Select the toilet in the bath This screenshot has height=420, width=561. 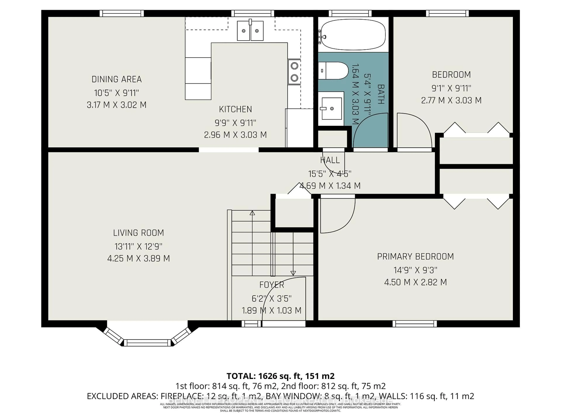[x=333, y=71]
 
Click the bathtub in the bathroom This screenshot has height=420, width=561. [x=353, y=35]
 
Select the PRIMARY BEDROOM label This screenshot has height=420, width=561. [x=415, y=257]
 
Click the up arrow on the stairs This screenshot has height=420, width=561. [x=252, y=213]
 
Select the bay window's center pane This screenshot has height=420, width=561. [x=147, y=343]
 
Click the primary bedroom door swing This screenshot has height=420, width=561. [x=337, y=215]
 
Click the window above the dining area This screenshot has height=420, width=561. [x=122, y=13]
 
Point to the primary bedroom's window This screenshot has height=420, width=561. [x=415, y=324]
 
